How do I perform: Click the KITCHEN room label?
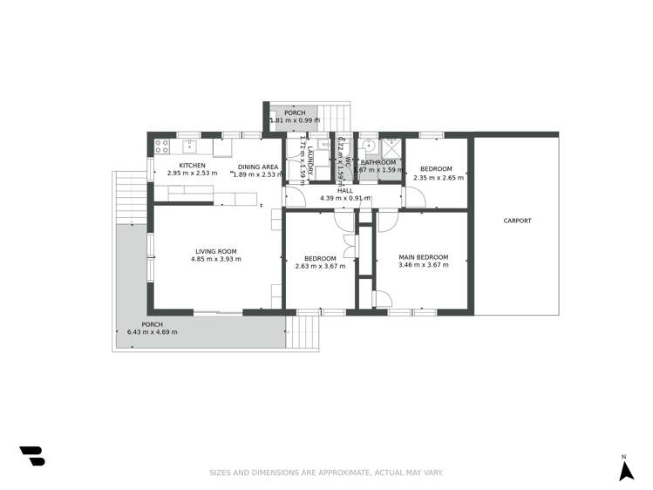pos(192,166)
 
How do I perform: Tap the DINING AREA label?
pos(258,166)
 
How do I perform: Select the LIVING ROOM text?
pos(216,251)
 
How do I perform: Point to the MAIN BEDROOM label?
pos(423,257)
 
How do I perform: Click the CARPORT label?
pos(517,221)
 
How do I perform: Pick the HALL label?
pos(345,190)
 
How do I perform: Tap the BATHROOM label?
pos(378,162)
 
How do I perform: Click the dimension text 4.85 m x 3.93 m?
pos(217,259)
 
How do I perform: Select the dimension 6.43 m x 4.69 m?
pos(152,332)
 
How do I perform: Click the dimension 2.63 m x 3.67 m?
pos(320,265)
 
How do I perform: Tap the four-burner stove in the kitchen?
pos(161,145)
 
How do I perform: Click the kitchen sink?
pos(188,146)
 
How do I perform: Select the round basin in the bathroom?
pos(369,146)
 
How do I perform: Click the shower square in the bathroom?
pos(391,145)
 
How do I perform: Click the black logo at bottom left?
pos(32,455)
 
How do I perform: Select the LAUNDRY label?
pos(309,157)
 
